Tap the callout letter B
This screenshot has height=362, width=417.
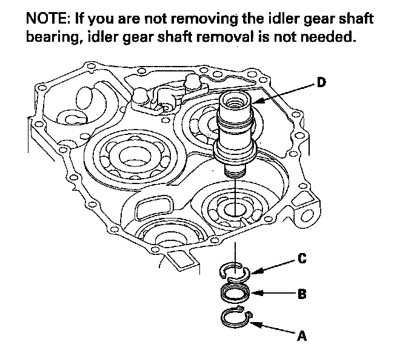(302, 295)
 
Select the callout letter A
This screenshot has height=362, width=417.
(301, 337)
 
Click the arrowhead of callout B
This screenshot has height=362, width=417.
(253, 295)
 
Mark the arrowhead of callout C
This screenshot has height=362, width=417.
(255, 272)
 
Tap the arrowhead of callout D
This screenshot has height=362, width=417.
(253, 104)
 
